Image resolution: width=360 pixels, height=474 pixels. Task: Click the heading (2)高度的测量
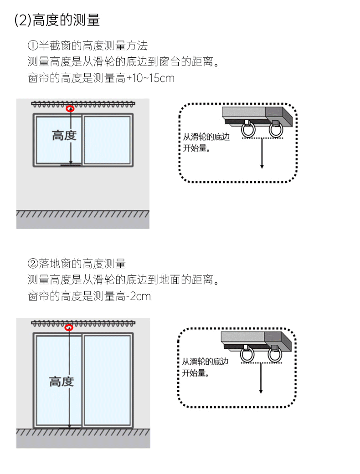[x=57, y=20]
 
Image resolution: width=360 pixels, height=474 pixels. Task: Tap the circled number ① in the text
[x=32, y=46]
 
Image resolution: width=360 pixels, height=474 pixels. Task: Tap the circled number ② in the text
[x=32, y=264]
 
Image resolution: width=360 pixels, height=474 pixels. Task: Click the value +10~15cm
[x=150, y=78]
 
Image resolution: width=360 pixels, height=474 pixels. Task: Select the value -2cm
[x=139, y=296]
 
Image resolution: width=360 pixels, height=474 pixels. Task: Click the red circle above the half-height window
[x=70, y=109]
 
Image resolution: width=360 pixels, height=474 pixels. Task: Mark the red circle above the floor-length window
[x=69, y=327]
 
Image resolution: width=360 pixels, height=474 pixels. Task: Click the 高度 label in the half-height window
[x=64, y=135]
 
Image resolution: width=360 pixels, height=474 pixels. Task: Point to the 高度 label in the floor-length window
[x=62, y=382]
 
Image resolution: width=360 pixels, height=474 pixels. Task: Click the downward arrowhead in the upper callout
[x=262, y=166]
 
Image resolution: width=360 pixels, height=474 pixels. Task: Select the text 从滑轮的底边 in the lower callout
[x=205, y=362]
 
